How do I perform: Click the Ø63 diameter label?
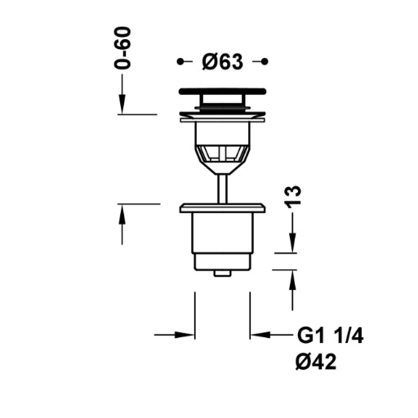tap(222, 62)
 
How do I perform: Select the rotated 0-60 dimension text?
tap(122, 48)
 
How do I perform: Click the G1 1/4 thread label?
tap(330, 336)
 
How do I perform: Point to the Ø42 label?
tap(316, 362)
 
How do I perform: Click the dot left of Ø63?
tap(180, 62)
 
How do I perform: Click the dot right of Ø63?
tap(265, 62)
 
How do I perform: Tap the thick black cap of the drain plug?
tap(222, 91)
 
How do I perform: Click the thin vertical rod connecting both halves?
tap(222, 189)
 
